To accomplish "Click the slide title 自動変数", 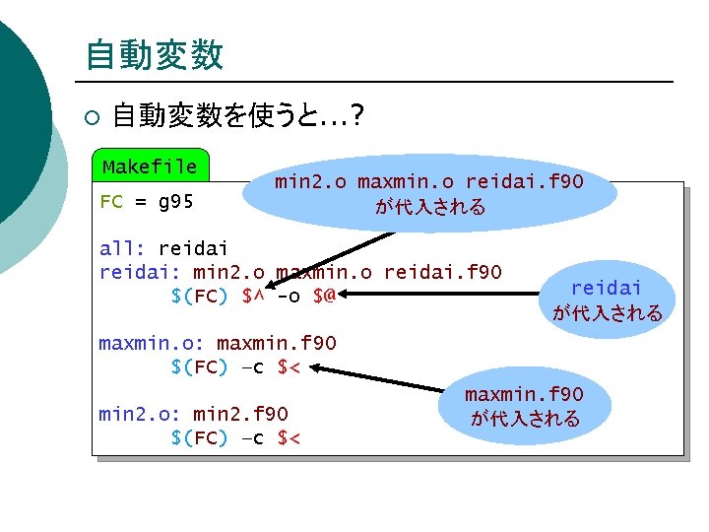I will coord(154,54).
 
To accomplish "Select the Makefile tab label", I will coord(150,166).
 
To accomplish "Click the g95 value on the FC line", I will coord(175,204).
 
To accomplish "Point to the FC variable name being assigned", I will coord(111,204).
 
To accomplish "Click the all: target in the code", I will coord(123,248).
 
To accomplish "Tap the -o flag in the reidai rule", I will coord(289,296).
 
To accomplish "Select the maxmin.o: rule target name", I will coord(151,343).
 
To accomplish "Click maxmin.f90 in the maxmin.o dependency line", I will coord(276,343).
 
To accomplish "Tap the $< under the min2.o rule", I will coord(289,437).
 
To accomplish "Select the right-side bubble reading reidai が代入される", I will coord(607,299).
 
